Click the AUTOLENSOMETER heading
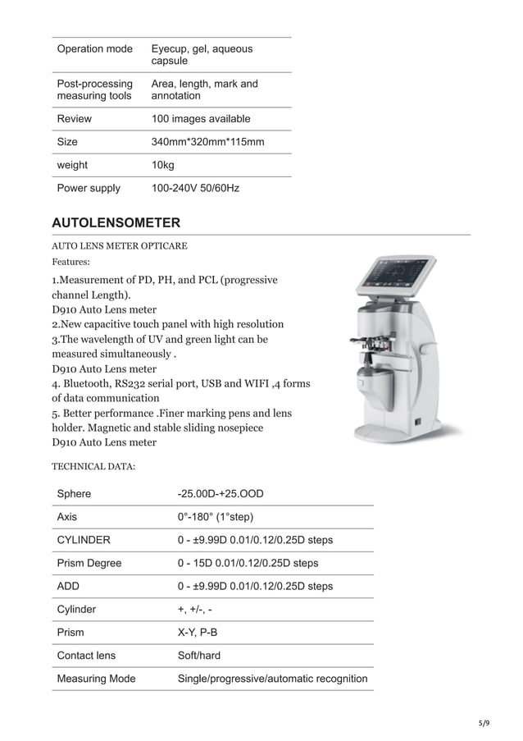pos(116,223)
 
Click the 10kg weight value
pos(163,165)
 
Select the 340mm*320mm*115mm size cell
pos(207,142)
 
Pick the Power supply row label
pos(89,188)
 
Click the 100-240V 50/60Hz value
pos(195,188)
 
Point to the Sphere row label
pos(74,494)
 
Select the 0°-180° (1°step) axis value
pos(216,517)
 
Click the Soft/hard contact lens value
pos(199,656)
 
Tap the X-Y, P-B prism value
pos(197,633)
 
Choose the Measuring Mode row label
pos(96,679)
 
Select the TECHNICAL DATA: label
pos(93,466)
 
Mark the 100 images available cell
pos(201,119)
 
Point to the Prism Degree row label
pos(89,563)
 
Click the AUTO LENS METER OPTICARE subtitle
pos(119,245)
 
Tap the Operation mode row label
pos(94,49)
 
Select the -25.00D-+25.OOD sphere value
pos(221,494)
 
